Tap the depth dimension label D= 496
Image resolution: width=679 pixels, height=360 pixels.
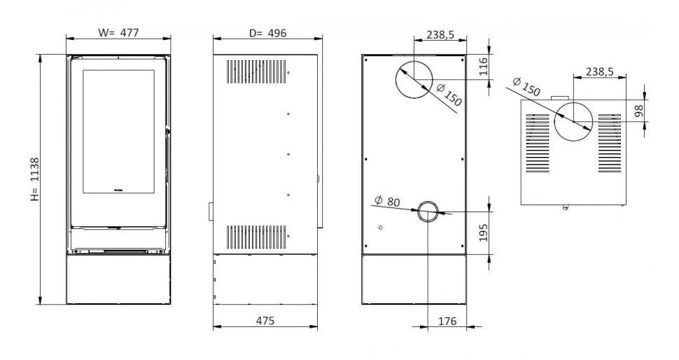pyautogui.click(x=267, y=32)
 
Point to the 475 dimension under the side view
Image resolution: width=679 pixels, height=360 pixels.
pyautogui.click(x=265, y=320)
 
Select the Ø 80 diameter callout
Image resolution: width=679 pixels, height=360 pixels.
pyautogui.click(x=387, y=202)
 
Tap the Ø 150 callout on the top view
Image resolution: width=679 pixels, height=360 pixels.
pyautogui.click(x=526, y=88)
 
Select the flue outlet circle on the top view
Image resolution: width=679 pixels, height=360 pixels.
pyautogui.click(x=573, y=121)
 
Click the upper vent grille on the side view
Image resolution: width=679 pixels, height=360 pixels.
pyautogui.click(x=256, y=71)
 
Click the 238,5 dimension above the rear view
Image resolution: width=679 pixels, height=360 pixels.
pyautogui.click(x=442, y=33)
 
